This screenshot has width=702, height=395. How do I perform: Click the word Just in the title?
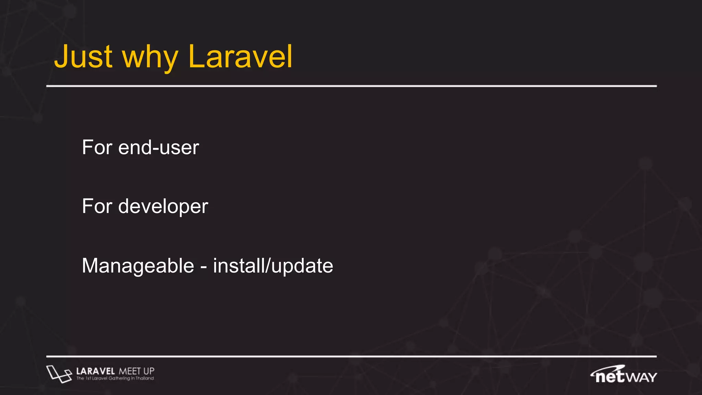pos(83,57)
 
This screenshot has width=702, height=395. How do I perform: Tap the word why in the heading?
pos(150,58)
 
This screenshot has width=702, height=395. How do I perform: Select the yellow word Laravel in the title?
pos(240,57)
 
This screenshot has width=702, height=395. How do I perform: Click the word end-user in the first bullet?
pos(158,148)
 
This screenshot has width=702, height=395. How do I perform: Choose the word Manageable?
pos(138,266)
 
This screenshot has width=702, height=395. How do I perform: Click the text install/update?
pos(273,266)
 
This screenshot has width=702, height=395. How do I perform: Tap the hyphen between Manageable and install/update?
pos(204,267)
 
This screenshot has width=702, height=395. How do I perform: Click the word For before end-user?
pos(97,148)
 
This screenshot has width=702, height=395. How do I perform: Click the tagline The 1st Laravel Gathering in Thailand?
pos(115,379)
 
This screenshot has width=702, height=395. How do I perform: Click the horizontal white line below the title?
pos(351,86)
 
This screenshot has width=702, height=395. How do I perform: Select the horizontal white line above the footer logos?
pos(351,357)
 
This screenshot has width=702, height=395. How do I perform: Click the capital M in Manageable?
pos(90,266)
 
